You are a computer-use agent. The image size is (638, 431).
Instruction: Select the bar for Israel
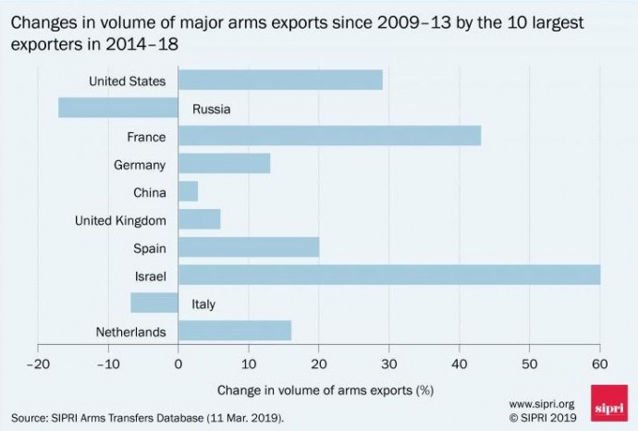(x=389, y=275)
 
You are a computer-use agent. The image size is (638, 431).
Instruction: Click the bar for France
(x=329, y=136)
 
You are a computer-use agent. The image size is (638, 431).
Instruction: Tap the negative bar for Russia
(x=117, y=107)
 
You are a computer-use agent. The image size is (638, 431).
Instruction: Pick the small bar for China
(x=188, y=191)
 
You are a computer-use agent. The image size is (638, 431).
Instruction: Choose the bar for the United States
(x=280, y=80)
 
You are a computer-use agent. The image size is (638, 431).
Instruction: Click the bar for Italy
(x=154, y=302)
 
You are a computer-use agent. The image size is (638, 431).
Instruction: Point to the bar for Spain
(x=249, y=247)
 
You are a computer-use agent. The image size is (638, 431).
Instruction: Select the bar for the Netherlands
(x=235, y=330)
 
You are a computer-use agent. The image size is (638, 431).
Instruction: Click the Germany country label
(x=140, y=165)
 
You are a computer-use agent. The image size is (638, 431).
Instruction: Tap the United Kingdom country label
(x=121, y=220)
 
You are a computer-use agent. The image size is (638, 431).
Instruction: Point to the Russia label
(x=211, y=109)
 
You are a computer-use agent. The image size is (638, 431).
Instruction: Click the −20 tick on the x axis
(x=37, y=363)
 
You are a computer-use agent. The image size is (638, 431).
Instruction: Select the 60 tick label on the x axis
(x=600, y=363)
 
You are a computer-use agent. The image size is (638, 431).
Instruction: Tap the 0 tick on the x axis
(x=178, y=363)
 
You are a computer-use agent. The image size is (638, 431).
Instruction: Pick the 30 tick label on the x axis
(x=389, y=363)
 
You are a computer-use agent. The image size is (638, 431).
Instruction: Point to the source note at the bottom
(x=149, y=418)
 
